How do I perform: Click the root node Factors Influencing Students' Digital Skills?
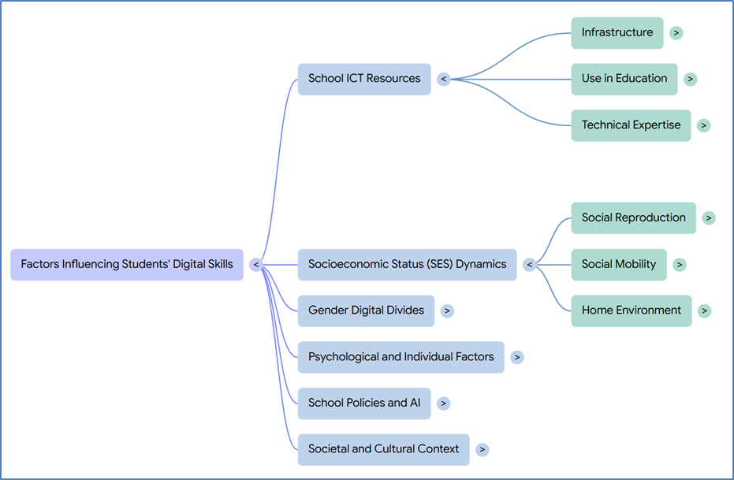pos(127,264)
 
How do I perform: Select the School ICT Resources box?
pos(364,79)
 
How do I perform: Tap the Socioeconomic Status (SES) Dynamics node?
pos(408,264)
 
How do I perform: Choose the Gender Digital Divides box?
pos(366,311)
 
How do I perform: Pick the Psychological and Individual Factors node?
pos(401,357)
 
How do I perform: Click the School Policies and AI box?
pos(364,404)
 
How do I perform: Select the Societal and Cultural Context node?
pos(383,449)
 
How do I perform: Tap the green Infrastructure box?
pos(617,33)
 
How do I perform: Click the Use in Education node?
pos(624,79)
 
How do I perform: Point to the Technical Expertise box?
pos(631,125)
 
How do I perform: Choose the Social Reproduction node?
pos(633,218)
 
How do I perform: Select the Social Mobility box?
pos(619,264)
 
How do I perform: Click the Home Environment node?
pos(632,311)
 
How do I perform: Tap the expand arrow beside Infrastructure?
pos(676,33)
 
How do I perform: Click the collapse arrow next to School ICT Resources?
pos(444,79)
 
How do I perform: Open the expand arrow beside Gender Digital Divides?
pos(447,311)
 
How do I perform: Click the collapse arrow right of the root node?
pos(255,265)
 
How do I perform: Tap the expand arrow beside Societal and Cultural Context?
pos(483,449)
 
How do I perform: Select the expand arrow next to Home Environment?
pos(705,311)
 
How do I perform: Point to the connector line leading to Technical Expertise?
pos(509,104)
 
